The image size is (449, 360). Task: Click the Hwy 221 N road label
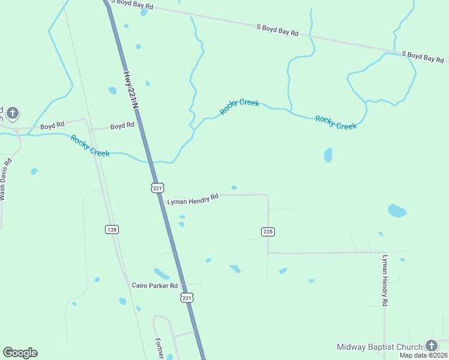(x=131, y=90)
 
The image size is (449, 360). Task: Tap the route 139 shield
(x=112, y=229)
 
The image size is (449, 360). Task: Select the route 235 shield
(x=268, y=232)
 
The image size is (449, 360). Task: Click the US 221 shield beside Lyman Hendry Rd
(x=157, y=188)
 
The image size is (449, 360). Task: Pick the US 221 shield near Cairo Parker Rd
(x=187, y=298)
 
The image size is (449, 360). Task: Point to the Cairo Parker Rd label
(x=155, y=286)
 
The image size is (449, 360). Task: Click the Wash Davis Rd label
(x=5, y=179)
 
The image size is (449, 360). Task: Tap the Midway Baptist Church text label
(x=379, y=347)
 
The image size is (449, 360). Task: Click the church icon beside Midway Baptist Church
(x=432, y=345)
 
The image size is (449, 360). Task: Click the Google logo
(x=20, y=353)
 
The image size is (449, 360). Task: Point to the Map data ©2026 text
(x=424, y=355)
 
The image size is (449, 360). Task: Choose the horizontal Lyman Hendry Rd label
(x=192, y=200)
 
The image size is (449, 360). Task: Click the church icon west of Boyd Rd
(x=13, y=112)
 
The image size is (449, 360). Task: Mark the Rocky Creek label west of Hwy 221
(x=90, y=146)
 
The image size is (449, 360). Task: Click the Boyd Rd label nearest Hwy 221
(x=122, y=127)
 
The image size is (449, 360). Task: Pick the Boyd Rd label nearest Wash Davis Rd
(x=52, y=127)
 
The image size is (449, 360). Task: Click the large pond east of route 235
(x=397, y=211)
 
